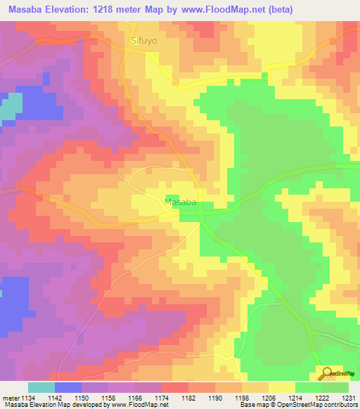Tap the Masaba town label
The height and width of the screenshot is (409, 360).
[180, 202]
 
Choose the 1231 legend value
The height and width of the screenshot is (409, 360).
[349, 397]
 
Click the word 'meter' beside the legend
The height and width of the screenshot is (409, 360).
[12, 397]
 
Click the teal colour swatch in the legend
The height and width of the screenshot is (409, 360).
[41, 387]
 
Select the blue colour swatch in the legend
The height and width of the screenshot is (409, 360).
[68, 387]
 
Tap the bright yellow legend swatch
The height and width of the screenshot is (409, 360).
[282, 387]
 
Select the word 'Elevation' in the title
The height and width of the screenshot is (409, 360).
[65, 9]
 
